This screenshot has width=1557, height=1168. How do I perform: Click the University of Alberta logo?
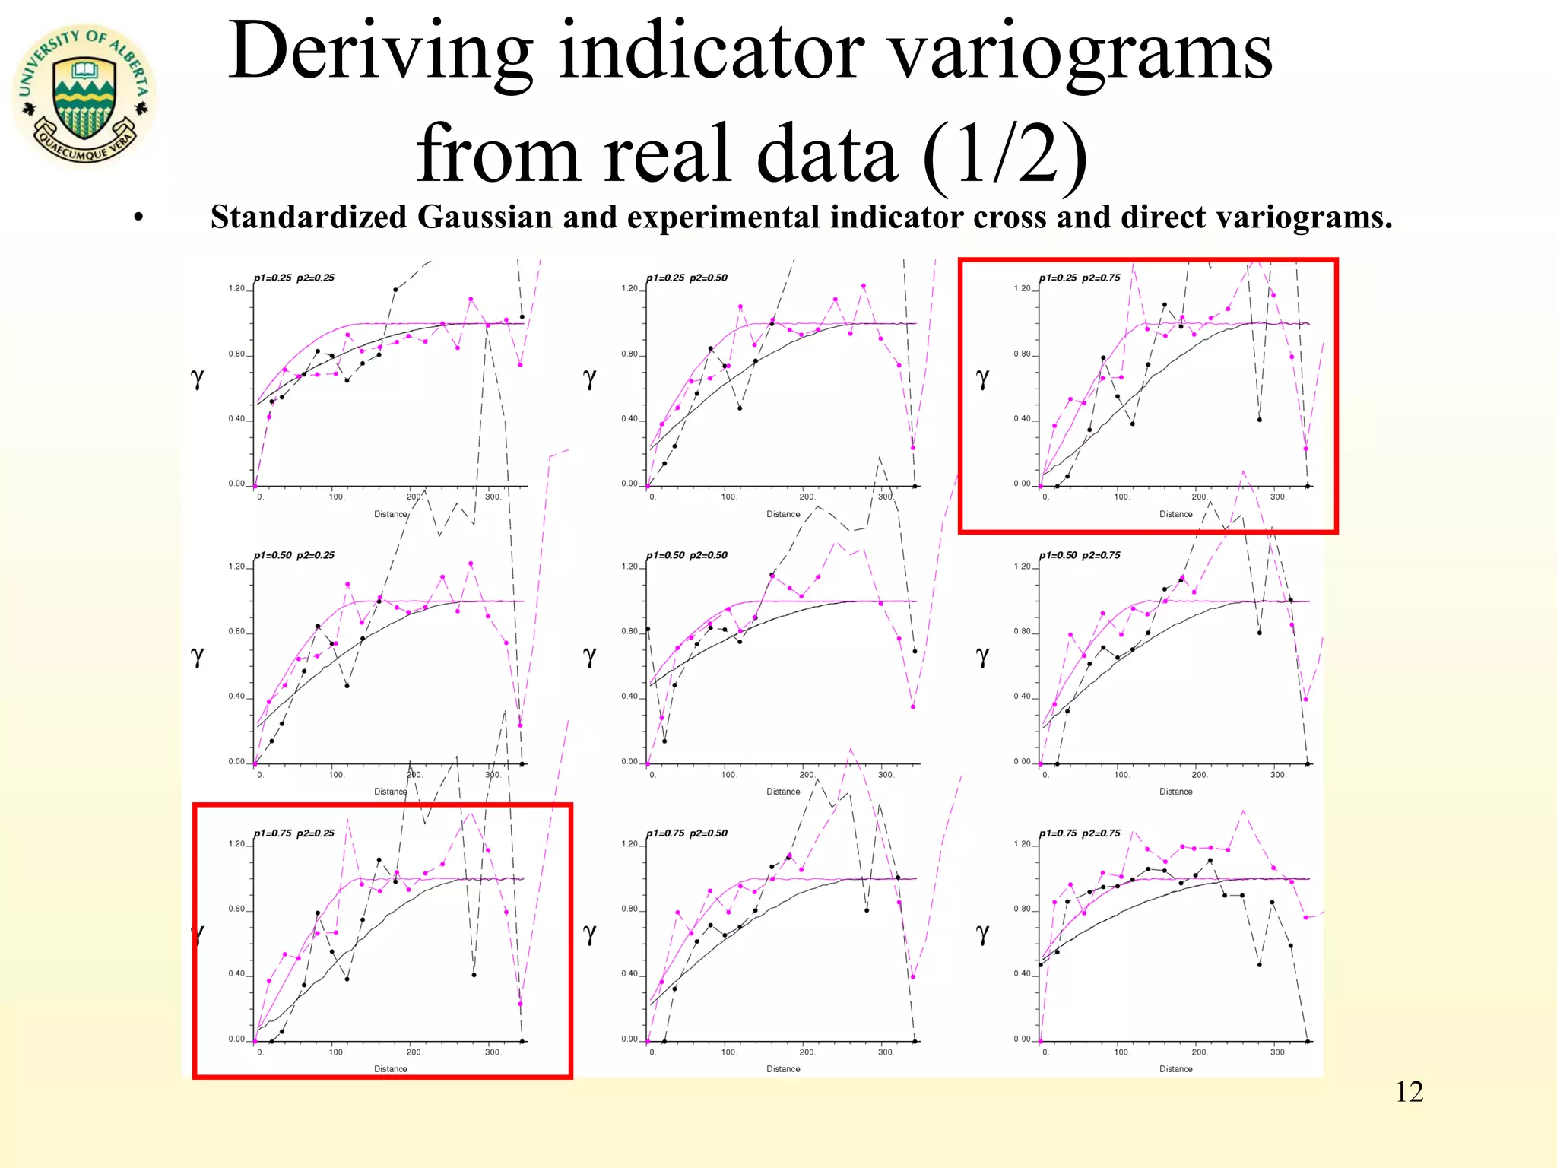click(84, 95)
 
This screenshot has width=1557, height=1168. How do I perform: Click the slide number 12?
click(1409, 1092)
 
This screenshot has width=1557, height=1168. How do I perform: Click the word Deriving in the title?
click(380, 52)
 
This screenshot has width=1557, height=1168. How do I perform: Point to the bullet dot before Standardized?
click(138, 219)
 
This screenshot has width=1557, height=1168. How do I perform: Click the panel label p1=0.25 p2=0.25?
click(294, 278)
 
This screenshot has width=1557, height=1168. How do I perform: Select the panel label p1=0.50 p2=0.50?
click(687, 555)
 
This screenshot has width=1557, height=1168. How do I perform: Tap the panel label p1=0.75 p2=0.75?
click(1080, 833)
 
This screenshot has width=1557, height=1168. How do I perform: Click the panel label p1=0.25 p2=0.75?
click(1080, 278)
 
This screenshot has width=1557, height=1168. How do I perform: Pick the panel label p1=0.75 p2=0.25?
click(294, 833)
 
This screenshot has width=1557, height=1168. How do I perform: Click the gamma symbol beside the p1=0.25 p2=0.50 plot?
click(589, 378)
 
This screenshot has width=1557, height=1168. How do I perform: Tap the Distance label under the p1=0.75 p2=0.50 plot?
click(783, 1069)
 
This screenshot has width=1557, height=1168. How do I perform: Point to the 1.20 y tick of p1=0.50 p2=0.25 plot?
click(236, 567)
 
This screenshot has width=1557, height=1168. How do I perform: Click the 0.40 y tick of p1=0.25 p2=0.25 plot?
click(236, 419)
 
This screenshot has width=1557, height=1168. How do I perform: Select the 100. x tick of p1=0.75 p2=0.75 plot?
click(1121, 1052)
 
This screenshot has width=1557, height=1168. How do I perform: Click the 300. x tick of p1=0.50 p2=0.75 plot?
click(1278, 775)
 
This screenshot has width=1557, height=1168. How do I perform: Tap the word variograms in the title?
click(1080, 52)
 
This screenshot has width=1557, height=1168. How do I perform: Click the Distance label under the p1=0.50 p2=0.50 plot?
click(783, 792)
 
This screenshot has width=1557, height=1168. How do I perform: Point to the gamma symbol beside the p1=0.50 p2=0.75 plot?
click(982, 655)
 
